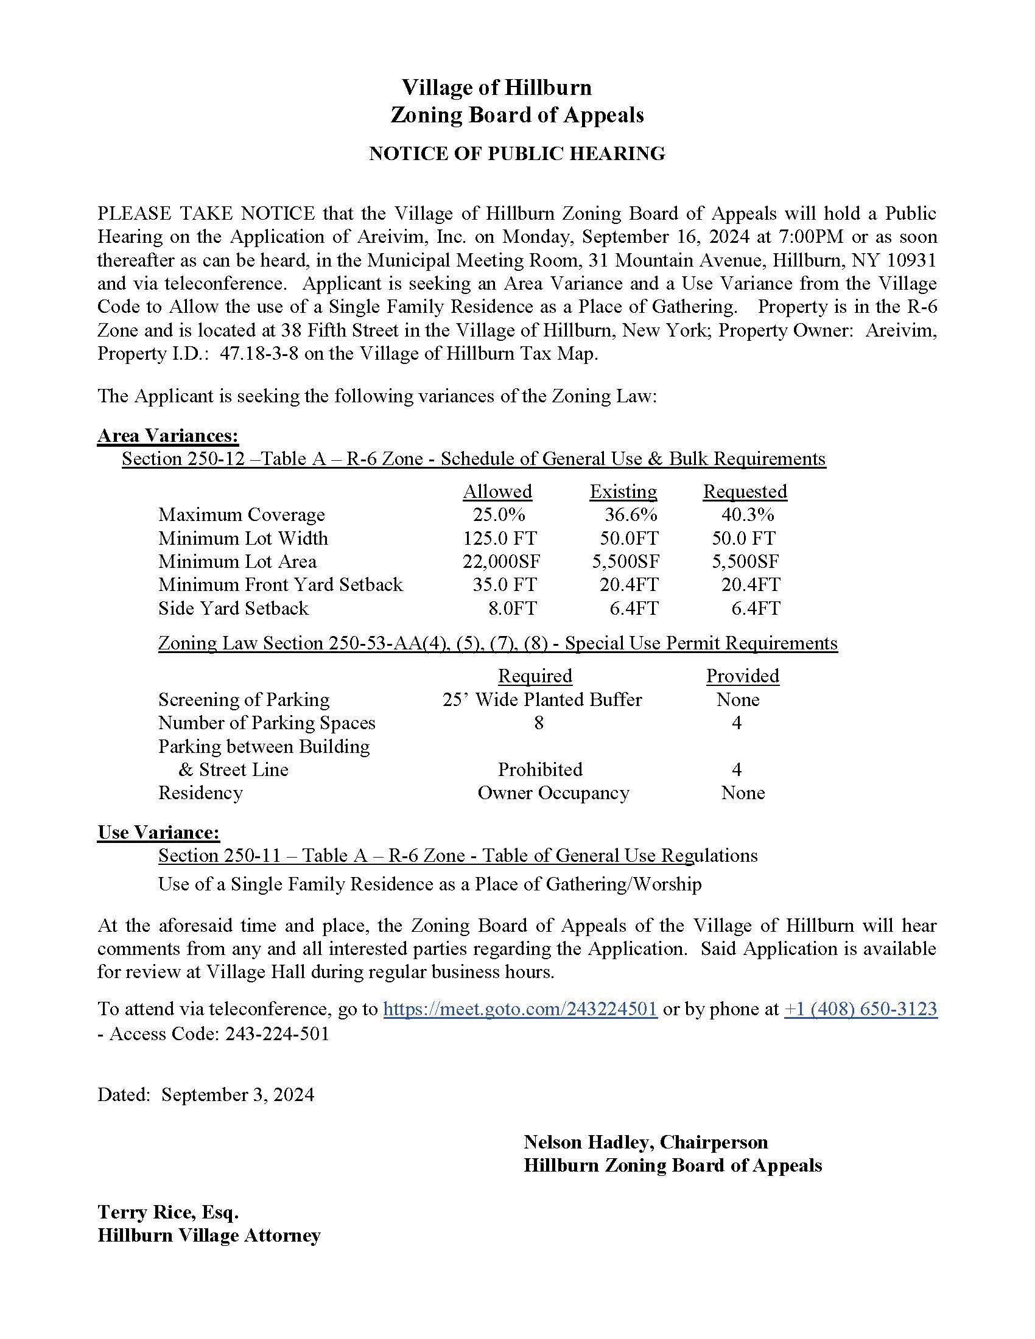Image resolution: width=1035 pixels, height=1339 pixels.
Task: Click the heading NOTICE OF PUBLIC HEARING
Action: pos(517,153)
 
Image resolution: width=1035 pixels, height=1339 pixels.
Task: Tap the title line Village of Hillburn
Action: pos(497,87)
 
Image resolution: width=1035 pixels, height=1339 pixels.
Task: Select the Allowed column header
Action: pos(497,491)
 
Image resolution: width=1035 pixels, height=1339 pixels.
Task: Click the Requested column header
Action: pos(745,491)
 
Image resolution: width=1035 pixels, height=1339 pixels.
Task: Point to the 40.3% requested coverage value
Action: pos(747,514)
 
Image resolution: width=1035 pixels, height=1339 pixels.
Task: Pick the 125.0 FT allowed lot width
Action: pos(500,538)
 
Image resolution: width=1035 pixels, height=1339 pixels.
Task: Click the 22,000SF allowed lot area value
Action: pos(502,562)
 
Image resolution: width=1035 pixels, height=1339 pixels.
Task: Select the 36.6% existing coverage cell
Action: pos(631,514)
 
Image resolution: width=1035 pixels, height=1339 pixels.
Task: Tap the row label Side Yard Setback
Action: pos(233,608)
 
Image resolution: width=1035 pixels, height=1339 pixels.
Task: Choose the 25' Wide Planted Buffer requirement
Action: pos(542,699)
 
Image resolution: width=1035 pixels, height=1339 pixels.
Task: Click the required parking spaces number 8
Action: pos(538,723)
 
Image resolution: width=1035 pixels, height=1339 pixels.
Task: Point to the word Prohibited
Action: pos(539,769)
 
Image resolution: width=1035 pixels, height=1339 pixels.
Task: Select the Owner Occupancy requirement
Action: pos(553,792)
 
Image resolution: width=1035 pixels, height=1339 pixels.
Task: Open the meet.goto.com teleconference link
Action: pos(520,1009)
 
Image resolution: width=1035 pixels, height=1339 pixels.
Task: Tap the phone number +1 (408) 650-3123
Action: pos(860,1009)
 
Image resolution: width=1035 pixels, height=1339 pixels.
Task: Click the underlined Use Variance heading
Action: pos(158,832)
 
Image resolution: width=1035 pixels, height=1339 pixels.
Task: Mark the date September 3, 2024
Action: pos(237,1094)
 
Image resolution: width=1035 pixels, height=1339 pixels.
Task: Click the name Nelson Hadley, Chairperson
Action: pos(645,1142)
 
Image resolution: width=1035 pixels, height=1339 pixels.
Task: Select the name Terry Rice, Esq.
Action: pos(167,1212)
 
